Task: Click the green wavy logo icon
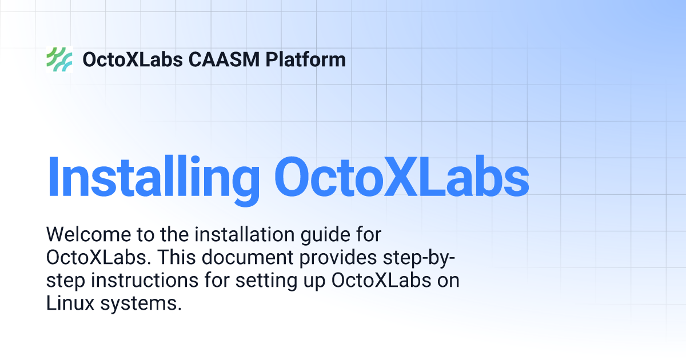(x=59, y=59)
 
